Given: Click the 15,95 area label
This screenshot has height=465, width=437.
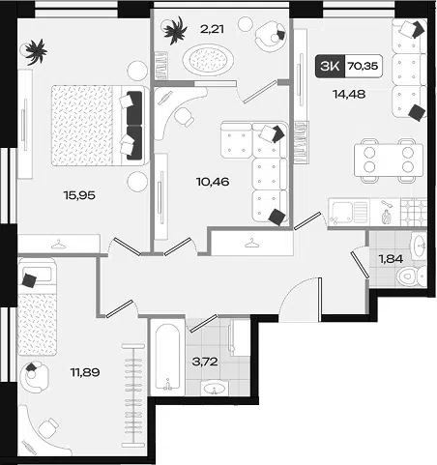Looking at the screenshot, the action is click(x=79, y=195).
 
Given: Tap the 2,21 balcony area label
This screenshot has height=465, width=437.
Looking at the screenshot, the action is click(x=212, y=29).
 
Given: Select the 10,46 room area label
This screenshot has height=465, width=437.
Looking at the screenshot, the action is click(x=213, y=182).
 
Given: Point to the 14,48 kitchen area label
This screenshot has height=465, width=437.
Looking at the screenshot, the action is click(x=349, y=94).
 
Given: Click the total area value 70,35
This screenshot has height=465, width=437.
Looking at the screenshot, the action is click(x=363, y=66).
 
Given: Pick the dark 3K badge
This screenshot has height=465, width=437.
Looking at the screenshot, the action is click(x=330, y=66).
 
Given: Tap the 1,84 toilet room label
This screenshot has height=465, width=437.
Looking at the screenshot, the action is click(x=391, y=259).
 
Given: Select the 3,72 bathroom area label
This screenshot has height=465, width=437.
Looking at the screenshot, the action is click(x=205, y=362).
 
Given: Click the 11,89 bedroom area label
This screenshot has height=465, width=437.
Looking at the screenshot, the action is click(x=85, y=372).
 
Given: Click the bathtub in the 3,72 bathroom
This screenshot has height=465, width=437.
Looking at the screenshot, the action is click(x=167, y=357).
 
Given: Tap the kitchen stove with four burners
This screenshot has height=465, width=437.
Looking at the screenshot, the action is click(x=414, y=212).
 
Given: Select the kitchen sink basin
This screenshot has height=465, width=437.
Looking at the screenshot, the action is click(x=342, y=212).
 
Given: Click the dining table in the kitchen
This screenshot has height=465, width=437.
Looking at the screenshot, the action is click(x=389, y=160).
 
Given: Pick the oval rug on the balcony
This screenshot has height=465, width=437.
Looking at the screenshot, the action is click(x=208, y=59).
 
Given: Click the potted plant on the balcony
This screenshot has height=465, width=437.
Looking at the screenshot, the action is click(x=175, y=30).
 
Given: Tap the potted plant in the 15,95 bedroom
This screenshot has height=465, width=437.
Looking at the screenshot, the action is click(x=36, y=51).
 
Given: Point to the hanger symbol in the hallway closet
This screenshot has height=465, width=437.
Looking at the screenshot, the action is click(x=251, y=244).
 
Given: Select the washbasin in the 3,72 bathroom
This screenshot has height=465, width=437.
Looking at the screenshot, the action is click(x=214, y=388).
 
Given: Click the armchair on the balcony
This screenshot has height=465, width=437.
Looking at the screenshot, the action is click(x=271, y=36).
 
